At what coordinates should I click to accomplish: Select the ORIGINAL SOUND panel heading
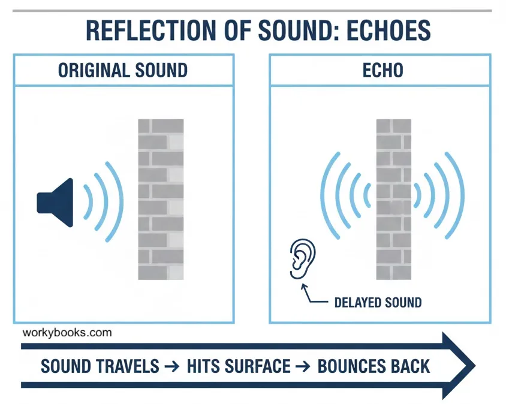(122, 70)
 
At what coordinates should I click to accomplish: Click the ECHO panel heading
(382, 70)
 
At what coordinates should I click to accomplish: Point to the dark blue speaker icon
(57, 202)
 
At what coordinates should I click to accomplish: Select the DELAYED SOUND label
(377, 302)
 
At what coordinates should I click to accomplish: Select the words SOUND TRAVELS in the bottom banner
(100, 365)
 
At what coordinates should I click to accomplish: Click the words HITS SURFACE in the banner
(239, 365)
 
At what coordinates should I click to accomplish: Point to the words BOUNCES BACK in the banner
(374, 365)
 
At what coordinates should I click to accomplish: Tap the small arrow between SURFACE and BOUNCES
(304, 365)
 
